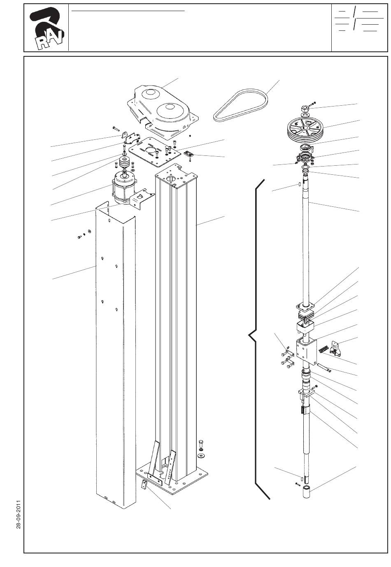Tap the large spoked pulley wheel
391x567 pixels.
coord(306,129)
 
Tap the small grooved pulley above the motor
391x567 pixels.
coord(124,162)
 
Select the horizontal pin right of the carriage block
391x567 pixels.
coord(322,367)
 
